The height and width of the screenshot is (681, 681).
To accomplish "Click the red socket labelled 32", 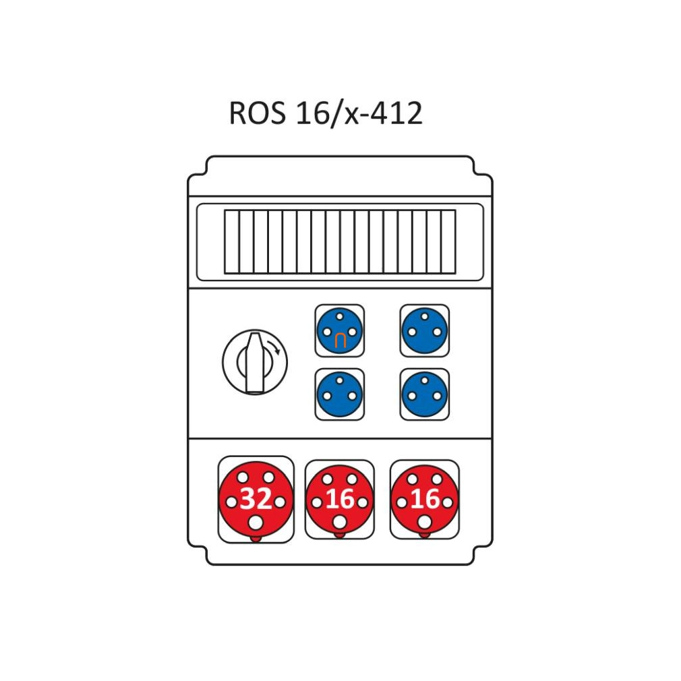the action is tap(256, 500).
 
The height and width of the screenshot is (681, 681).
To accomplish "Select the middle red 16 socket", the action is tap(340, 500).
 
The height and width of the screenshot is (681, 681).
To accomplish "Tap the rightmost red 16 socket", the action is tap(424, 500).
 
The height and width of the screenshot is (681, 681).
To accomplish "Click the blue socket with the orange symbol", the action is tap(340, 331).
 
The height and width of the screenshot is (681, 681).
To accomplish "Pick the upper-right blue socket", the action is tap(424, 331).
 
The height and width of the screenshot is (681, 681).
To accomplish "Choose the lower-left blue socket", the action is tap(340, 394).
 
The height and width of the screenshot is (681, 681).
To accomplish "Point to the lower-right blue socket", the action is tap(424, 394).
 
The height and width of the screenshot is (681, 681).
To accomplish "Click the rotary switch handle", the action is tap(254, 363).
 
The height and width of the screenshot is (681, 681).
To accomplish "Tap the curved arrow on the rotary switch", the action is tap(274, 347).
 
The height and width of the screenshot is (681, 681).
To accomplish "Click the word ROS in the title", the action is tap(257, 113).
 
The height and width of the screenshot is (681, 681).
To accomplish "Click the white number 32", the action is tap(256, 498).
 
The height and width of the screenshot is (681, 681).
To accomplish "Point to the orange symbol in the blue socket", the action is tap(340, 341).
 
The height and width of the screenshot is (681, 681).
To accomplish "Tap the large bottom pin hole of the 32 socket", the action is tap(256, 523).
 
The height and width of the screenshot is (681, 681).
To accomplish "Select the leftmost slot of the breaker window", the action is tap(232, 242).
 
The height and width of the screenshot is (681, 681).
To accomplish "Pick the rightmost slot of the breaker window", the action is tap(448, 242).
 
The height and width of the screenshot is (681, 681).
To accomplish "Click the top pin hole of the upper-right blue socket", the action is tap(425, 317).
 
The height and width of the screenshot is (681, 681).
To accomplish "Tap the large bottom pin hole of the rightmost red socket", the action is tap(424, 522).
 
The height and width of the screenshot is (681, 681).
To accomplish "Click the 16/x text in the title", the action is tap(328, 114).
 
